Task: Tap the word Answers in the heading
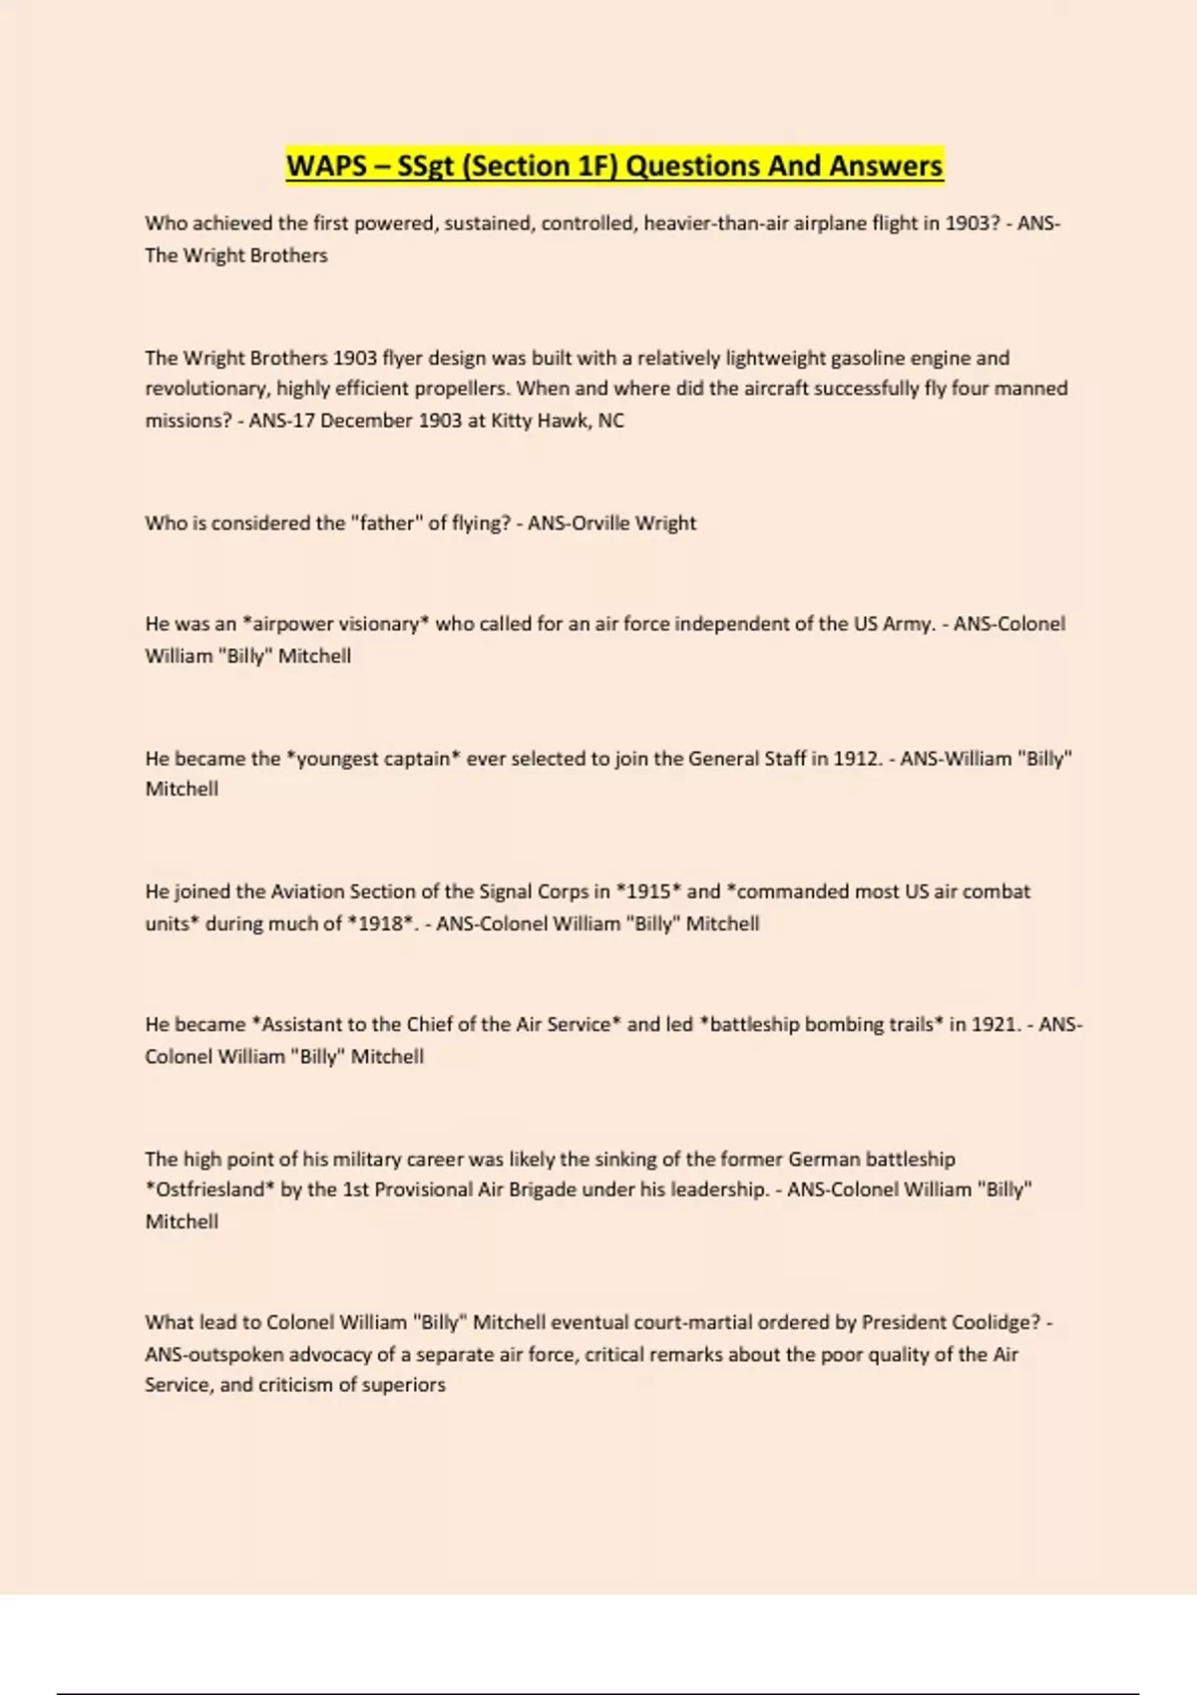pos(886,166)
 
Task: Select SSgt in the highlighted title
pos(425,166)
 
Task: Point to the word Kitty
pos(512,420)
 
